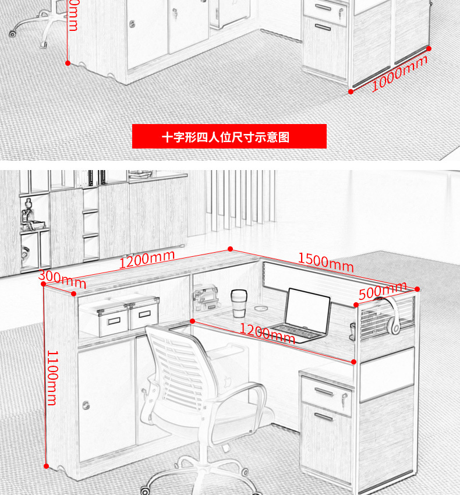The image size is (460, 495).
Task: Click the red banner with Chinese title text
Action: (229, 136)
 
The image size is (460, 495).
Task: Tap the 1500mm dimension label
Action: (325, 262)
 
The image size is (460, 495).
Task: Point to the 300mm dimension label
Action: (62, 279)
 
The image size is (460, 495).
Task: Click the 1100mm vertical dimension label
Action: (52, 377)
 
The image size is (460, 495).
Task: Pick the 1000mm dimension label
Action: (399, 73)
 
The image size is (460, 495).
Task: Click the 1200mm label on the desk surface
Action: (267, 334)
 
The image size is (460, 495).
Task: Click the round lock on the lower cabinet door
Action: (87, 405)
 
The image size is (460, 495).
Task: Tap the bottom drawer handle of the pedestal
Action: (324, 416)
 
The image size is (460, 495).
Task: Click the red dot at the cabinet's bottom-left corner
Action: (47, 466)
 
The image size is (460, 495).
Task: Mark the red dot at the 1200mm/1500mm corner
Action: (230, 248)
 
